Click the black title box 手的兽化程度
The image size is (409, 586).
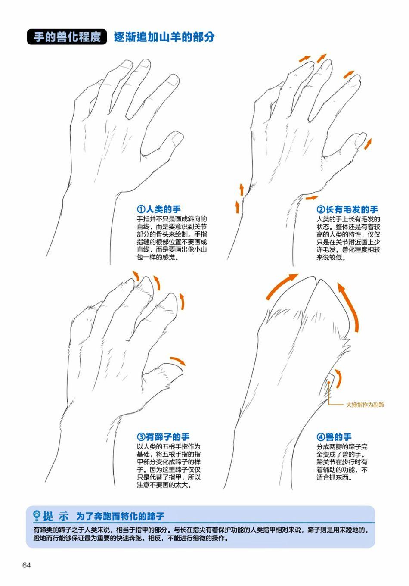point(67,37)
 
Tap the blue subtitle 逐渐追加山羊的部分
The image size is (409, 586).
point(164,37)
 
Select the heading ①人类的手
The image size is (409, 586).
point(158,209)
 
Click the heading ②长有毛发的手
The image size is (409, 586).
point(347,209)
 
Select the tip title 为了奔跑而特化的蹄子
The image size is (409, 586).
point(120,516)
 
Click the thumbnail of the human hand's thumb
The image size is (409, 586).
point(177,137)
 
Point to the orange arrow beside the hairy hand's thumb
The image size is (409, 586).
point(368,144)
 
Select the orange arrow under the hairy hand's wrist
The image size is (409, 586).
point(312,198)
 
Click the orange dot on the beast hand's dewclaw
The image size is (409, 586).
point(328,382)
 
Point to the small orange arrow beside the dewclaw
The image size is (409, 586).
point(338,378)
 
